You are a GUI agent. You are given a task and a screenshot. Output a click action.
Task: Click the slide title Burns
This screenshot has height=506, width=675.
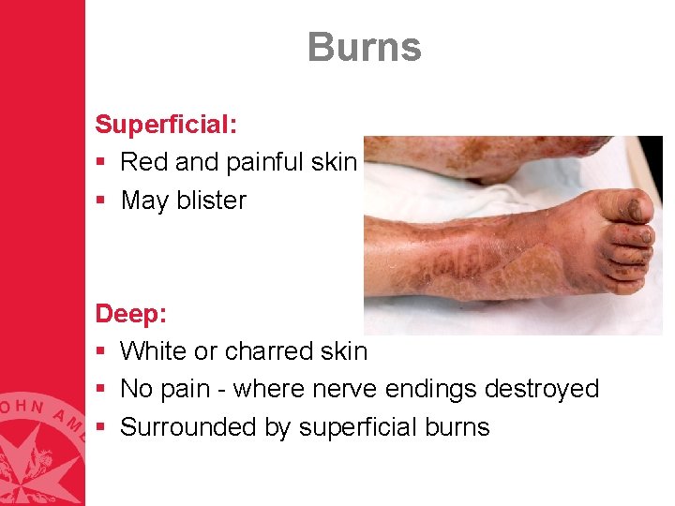[364, 48]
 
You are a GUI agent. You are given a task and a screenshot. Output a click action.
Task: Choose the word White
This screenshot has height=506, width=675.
[157, 351]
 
